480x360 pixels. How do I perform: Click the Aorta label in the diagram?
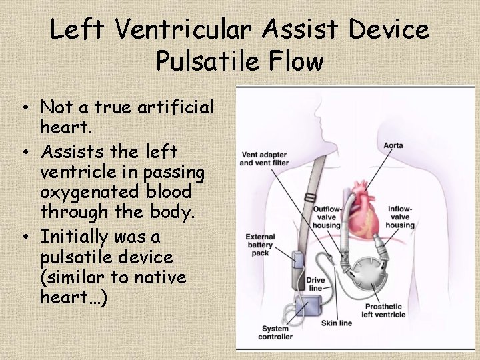click(x=393, y=145)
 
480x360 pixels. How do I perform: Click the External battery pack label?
click(x=260, y=245)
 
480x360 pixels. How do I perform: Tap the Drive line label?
click(x=315, y=284)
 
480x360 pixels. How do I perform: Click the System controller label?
click(x=275, y=332)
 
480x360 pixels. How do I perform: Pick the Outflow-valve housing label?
click(x=327, y=217)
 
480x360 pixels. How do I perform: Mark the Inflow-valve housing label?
click(x=400, y=217)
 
